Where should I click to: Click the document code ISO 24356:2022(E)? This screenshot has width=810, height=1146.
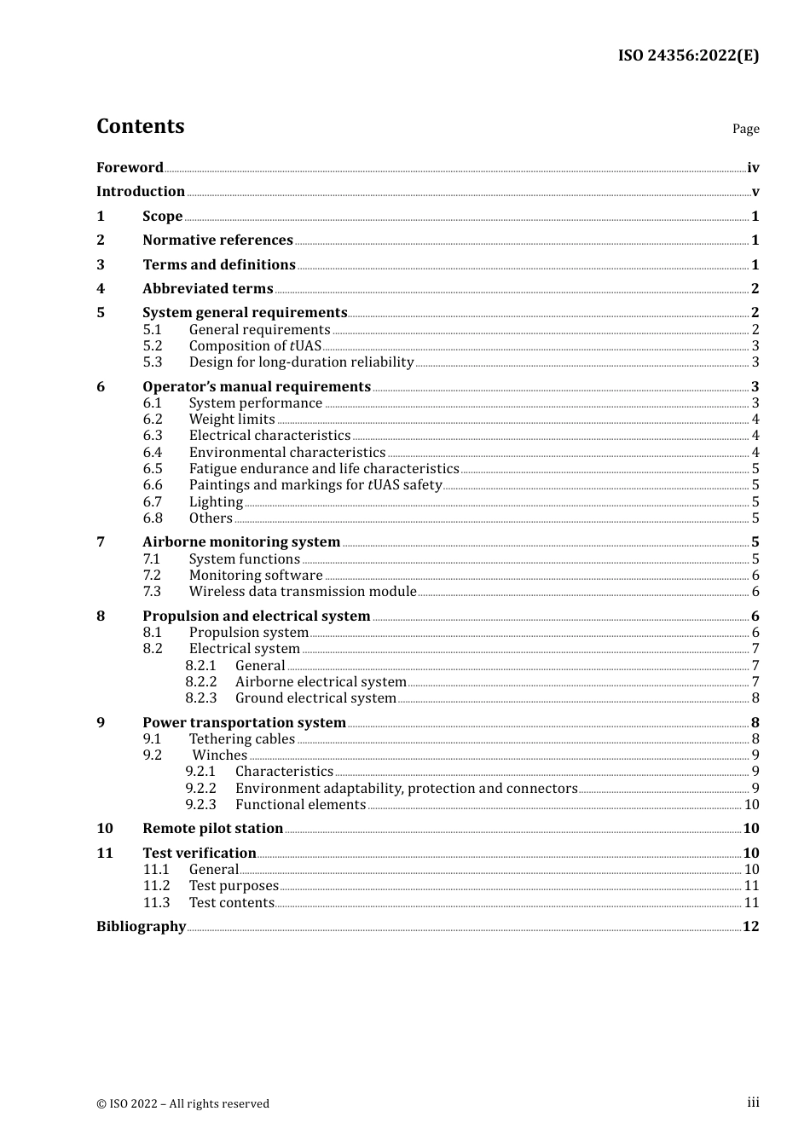click(x=688, y=55)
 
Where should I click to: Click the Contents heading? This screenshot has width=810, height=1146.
click(x=140, y=126)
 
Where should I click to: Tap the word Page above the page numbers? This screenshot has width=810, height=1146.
click(x=745, y=129)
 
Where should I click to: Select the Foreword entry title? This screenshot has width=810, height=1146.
click(x=130, y=167)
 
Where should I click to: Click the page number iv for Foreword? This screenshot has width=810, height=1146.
click(x=753, y=167)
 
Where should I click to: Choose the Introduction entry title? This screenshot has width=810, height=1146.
click(x=141, y=191)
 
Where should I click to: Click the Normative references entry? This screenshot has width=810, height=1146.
click(x=217, y=240)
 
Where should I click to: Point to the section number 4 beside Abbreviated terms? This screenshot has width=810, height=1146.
click(x=101, y=288)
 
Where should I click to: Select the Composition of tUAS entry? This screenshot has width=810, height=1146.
click(x=255, y=345)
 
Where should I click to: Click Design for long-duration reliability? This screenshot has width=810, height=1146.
click(x=301, y=362)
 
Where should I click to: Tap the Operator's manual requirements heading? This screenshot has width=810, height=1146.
click(x=256, y=386)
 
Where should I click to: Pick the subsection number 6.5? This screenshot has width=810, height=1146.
click(x=153, y=468)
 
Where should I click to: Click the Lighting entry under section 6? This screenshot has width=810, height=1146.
click(x=216, y=501)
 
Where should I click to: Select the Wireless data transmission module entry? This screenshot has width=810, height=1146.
click(x=303, y=591)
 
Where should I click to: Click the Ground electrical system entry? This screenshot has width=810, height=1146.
click(x=315, y=697)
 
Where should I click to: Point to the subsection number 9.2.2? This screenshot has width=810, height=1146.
click(x=200, y=788)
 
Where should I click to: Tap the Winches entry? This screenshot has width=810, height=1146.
click(x=219, y=755)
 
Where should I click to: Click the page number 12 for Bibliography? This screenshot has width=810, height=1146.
click(x=750, y=926)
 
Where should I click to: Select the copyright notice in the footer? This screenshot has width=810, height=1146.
click(x=182, y=1103)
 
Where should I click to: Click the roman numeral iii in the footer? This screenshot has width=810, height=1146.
click(x=753, y=1102)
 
